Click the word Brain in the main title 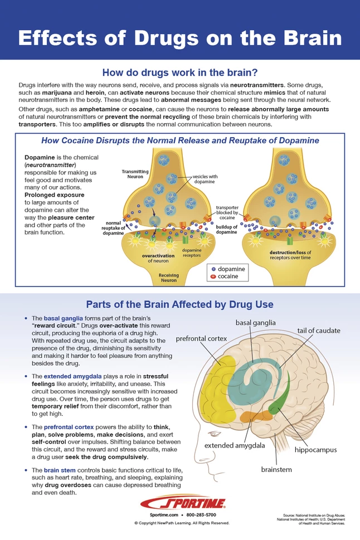307,38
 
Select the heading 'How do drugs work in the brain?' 179,72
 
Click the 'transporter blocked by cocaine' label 227,211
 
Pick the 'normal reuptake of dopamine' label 114,228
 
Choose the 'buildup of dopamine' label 227,230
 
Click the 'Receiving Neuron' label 168,278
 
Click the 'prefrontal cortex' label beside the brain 201,338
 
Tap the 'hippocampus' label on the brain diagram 315,449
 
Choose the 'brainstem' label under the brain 276,469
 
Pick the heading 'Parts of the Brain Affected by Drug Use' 179,304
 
